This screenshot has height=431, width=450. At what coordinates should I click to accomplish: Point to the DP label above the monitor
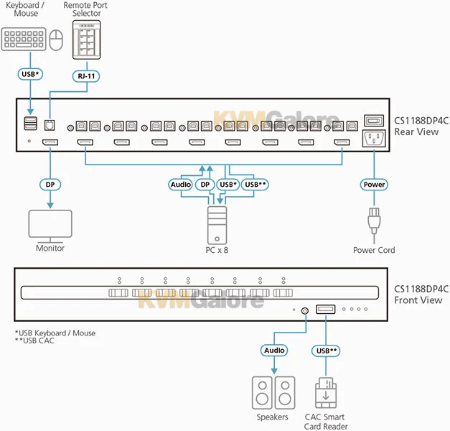click(x=50, y=185)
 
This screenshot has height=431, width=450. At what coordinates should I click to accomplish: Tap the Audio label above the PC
click(x=180, y=185)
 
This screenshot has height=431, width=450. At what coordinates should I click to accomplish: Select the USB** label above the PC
click(x=256, y=185)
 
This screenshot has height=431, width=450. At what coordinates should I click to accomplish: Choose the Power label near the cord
click(x=373, y=185)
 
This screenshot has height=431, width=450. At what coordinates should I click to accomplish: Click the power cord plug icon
click(x=373, y=222)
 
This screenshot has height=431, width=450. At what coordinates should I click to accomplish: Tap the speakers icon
click(x=272, y=392)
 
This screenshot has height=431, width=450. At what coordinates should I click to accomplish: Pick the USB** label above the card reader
click(x=326, y=351)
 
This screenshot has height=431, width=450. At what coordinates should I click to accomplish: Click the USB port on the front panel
click(x=325, y=310)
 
